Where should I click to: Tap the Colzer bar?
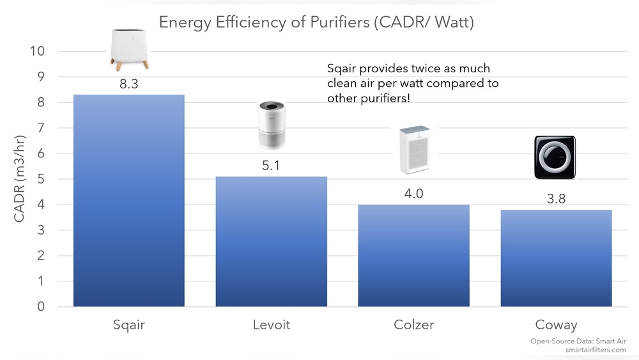(x=413, y=256)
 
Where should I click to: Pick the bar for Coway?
(x=556, y=258)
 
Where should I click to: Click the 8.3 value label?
(x=129, y=84)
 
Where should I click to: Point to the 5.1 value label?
(x=271, y=166)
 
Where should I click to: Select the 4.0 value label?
(x=413, y=194)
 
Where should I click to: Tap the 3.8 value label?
(x=556, y=199)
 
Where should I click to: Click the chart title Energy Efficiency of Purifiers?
(x=316, y=22)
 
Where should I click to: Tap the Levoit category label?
(x=271, y=325)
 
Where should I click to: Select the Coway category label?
(x=556, y=325)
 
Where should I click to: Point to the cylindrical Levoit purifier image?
(x=272, y=125)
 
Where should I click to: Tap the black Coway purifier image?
(x=555, y=157)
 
